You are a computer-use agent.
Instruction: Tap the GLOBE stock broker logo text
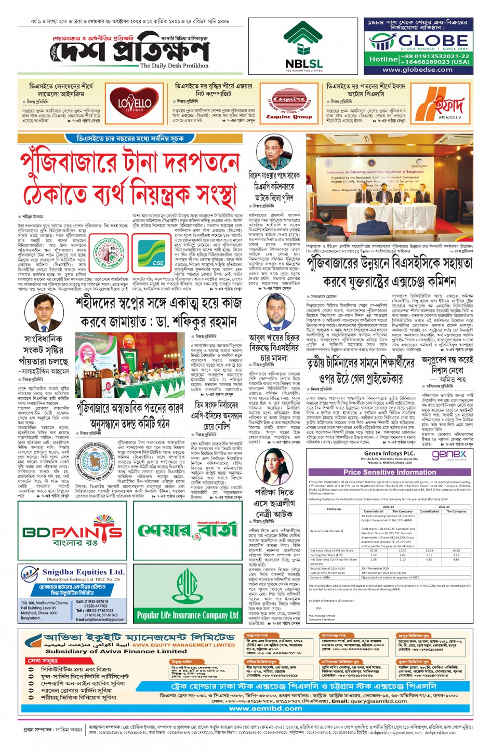426,41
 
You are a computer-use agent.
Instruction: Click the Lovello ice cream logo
134,103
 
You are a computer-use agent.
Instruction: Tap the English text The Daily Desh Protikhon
174,66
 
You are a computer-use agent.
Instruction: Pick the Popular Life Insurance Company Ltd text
188,615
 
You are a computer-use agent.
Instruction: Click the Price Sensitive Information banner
389,472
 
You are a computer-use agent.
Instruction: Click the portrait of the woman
269,469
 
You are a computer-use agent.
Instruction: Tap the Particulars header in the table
334,509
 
